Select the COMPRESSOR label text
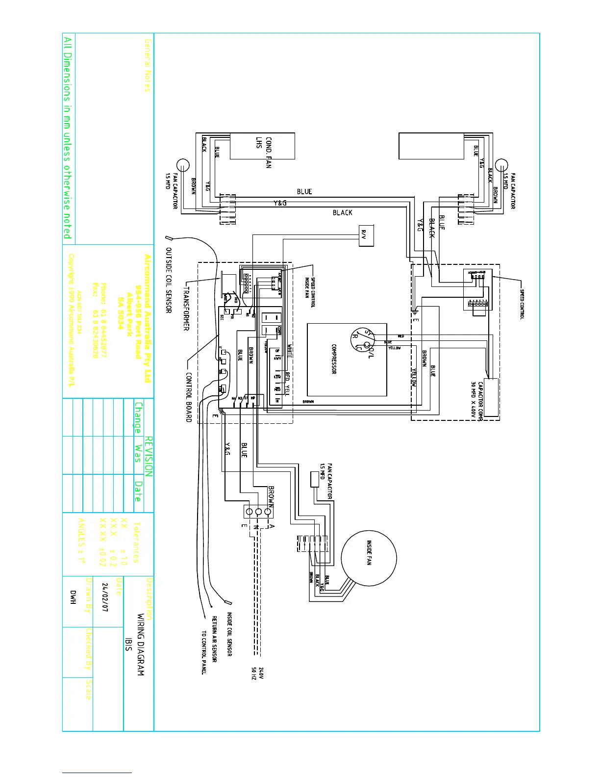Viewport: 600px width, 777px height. [x=333, y=359]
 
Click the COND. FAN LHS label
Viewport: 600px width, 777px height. [x=263, y=152]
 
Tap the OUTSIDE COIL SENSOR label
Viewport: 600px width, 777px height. [x=168, y=280]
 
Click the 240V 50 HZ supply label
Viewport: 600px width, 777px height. [x=257, y=673]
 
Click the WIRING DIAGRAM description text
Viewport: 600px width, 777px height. [x=140, y=645]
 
